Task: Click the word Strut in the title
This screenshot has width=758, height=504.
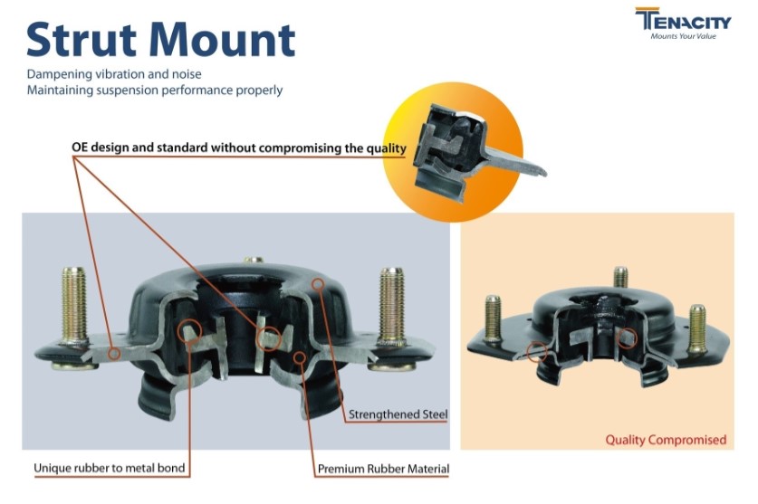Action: tap(82, 39)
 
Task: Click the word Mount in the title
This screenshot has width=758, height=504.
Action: tap(223, 39)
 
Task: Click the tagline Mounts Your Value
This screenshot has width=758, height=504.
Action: tap(683, 36)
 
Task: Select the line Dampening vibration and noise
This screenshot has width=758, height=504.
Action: tap(114, 74)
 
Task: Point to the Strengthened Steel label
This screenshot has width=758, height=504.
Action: tap(398, 414)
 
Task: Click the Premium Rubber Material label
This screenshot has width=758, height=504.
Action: tap(383, 469)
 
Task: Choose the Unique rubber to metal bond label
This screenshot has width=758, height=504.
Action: tap(110, 468)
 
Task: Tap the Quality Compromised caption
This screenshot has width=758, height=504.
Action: tap(666, 440)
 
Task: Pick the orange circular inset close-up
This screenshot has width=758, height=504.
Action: tap(453, 152)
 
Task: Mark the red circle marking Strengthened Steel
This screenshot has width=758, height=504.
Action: tap(317, 283)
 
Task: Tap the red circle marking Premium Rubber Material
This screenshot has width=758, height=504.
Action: tap(300, 357)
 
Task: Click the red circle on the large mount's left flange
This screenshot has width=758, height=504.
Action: tap(115, 354)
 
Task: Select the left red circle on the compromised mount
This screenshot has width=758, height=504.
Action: tap(537, 352)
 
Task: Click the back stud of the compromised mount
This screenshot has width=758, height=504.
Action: tap(620, 278)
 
